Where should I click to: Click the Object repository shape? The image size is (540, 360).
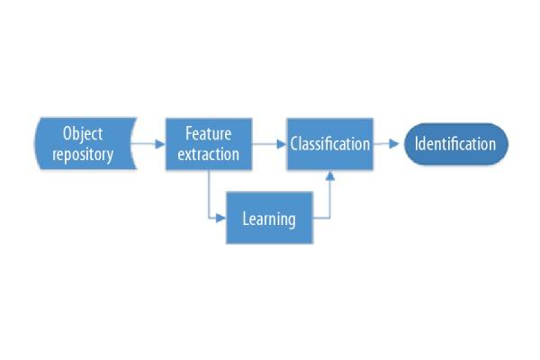pos(85,144)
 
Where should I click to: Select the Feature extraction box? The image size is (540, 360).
pos(209,144)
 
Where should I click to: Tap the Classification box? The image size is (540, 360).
pos(329,144)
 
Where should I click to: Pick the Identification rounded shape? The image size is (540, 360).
pos(455,144)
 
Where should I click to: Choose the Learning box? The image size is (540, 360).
pos(269,217)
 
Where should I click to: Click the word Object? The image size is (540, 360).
pos(83,134)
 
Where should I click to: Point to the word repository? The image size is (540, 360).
pos(83,154)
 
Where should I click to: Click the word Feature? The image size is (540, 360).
pos(209,134)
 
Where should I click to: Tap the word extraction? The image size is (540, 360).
pos(209,154)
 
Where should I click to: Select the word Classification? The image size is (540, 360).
pos(329,144)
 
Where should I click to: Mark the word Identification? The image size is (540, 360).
pos(455,144)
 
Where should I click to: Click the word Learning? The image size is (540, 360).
pos(269,218)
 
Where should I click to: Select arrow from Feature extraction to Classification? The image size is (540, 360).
pos(269,144)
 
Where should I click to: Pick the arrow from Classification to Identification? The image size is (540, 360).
pos(387,144)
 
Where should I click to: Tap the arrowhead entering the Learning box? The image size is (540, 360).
pos(220,217)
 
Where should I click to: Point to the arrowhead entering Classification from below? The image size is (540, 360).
pos(329,176)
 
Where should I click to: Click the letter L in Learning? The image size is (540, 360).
pos(246,217)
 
